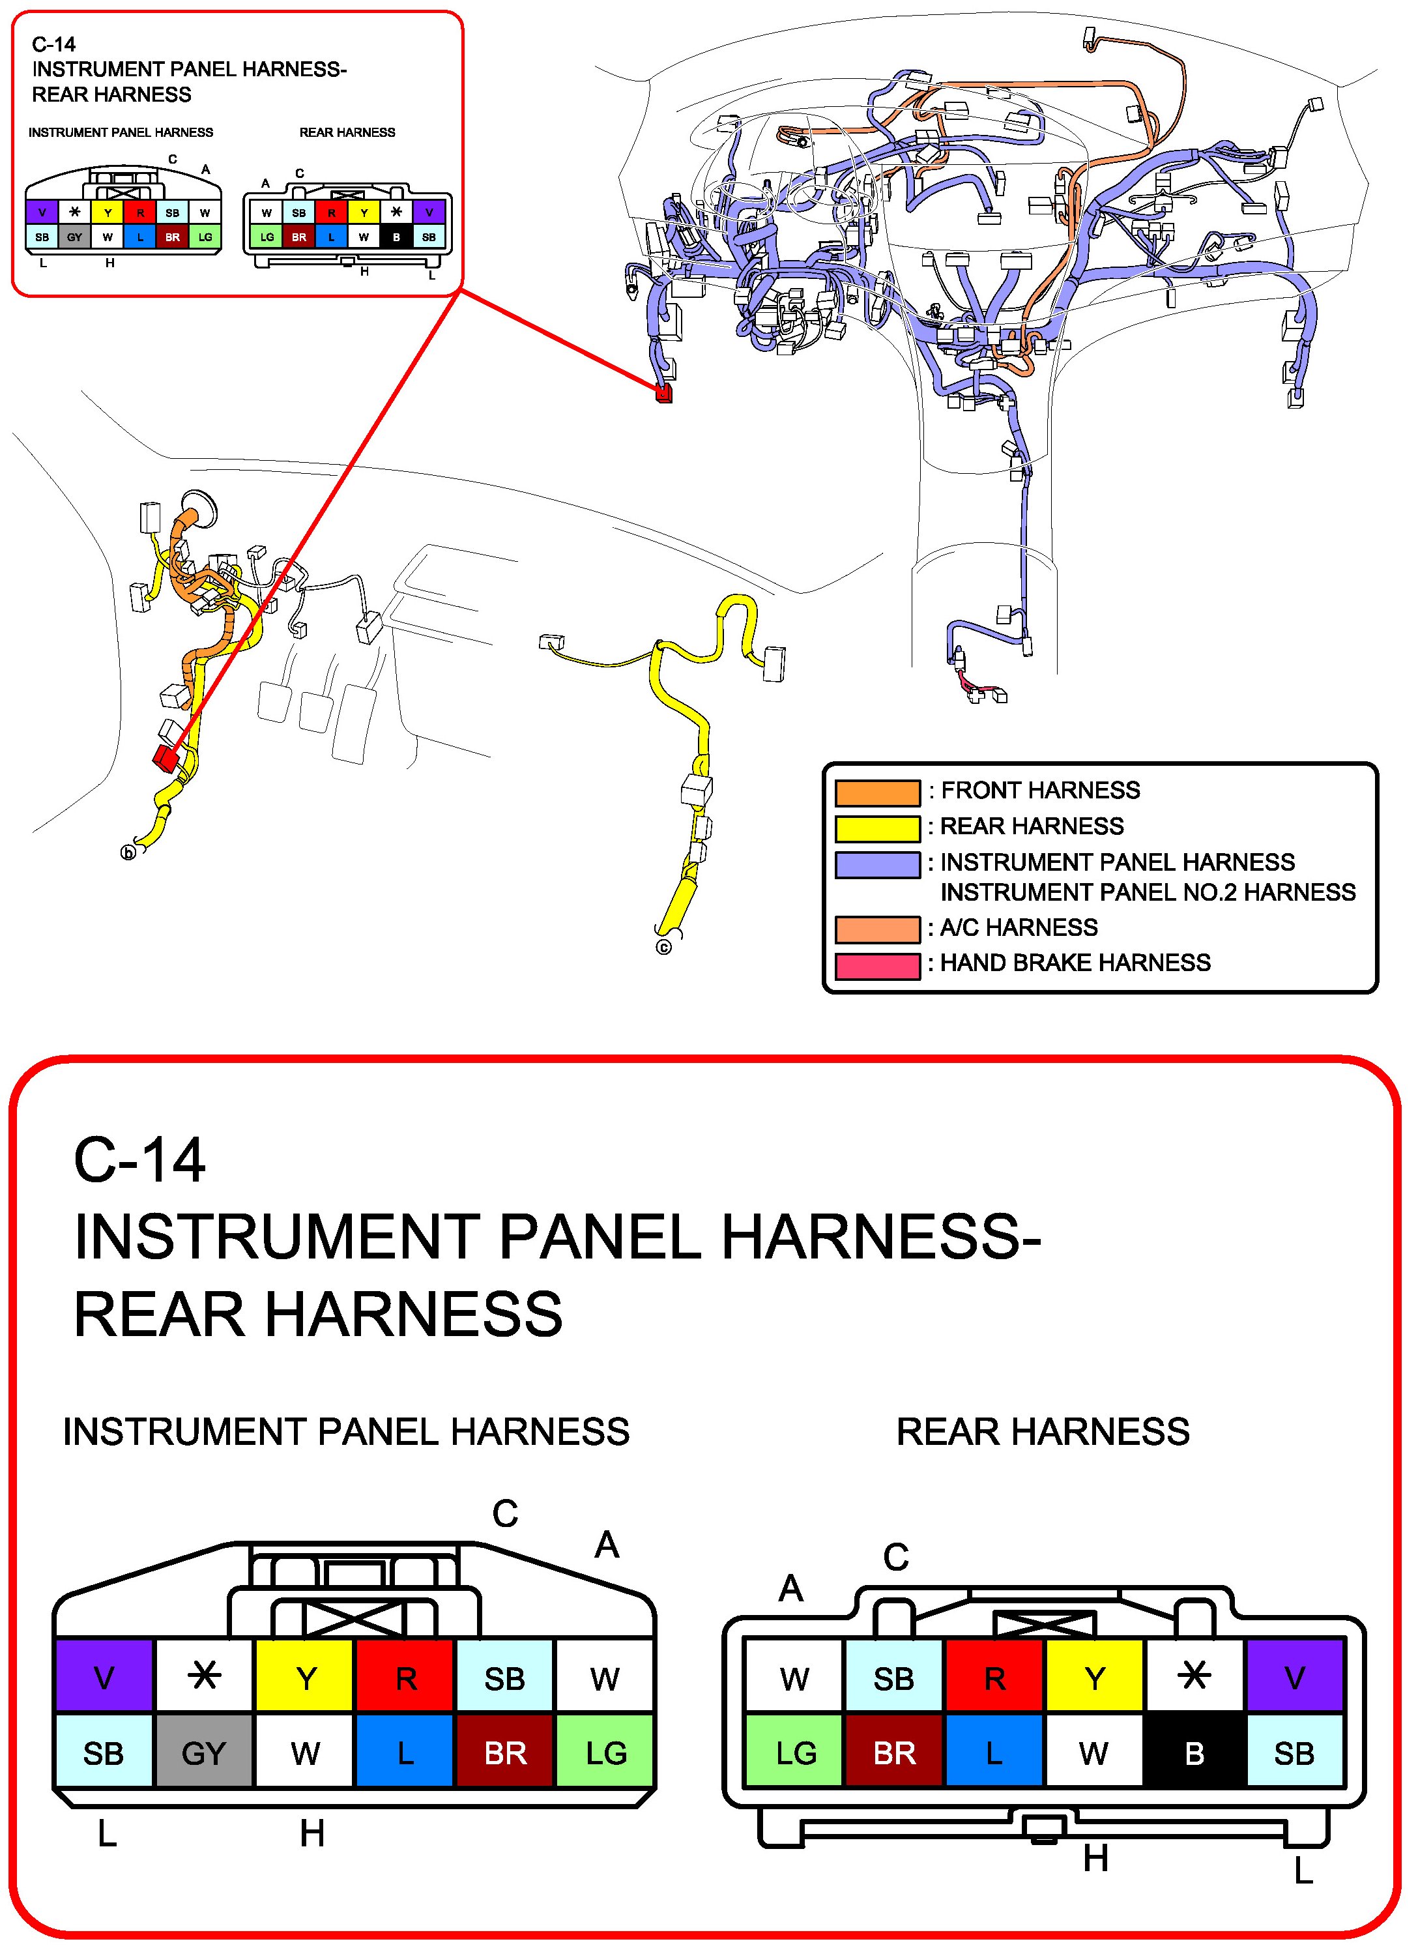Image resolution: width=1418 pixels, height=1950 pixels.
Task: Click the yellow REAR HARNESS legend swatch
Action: point(877,828)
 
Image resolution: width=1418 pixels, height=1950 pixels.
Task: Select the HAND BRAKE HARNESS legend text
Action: point(1075,963)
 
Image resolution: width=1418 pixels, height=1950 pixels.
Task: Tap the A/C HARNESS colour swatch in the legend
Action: point(877,929)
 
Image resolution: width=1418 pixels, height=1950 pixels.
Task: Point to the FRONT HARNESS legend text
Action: point(1041,790)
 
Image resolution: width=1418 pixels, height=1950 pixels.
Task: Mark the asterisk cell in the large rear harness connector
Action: point(1194,1676)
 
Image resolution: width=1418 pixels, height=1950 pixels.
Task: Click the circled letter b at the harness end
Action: point(128,853)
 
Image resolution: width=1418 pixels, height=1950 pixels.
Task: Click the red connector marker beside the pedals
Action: point(164,757)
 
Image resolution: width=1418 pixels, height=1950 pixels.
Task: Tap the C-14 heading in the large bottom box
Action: point(139,1161)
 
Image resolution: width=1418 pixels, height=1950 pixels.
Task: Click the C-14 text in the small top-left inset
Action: point(53,45)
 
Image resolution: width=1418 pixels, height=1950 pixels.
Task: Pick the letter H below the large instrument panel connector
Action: point(312,1835)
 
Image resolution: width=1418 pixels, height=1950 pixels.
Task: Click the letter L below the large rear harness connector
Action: point(1303,1872)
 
